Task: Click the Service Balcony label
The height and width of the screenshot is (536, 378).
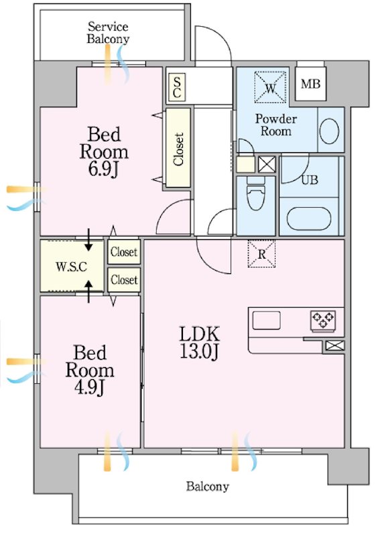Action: tap(108, 33)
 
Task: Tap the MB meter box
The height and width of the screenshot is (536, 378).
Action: tap(310, 84)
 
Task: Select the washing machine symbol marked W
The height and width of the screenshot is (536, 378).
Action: tap(270, 87)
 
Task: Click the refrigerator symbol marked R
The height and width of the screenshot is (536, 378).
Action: tap(261, 254)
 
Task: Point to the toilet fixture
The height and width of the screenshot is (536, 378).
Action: tap(256, 194)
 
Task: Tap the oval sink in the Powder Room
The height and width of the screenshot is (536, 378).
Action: tap(329, 131)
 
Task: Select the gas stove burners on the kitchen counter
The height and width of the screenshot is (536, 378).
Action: tap(323, 321)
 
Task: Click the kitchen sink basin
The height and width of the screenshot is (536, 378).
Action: tap(267, 320)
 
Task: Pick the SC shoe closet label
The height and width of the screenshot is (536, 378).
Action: tap(177, 88)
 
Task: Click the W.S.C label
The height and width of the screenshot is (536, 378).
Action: tap(71, 267)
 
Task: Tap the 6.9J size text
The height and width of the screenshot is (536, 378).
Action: tap(103, 170)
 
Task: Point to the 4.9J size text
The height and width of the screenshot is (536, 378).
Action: tap(89, 387)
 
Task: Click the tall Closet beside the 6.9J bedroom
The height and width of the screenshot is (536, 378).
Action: tap(178, 148)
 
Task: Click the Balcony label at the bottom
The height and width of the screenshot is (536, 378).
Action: tap(207, 486)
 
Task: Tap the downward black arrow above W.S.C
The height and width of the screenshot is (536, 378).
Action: tap(88, 240)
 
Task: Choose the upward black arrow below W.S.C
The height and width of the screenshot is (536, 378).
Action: tap(88, 291)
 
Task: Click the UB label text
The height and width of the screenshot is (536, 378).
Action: tap(310, 180)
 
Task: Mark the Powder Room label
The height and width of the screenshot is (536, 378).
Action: tap(275, 125)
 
